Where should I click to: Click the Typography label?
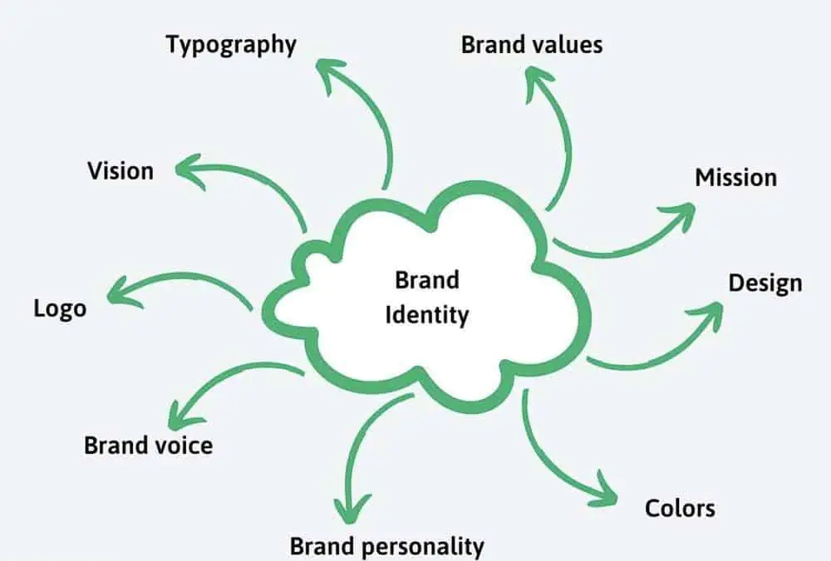pyautogui.click(x=231, y=44)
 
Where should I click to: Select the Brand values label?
pyautogui.click(x=532, y=44)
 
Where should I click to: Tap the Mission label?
pyautogui.click(x=735, y=177)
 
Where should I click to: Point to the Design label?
pyautogui.click(x=765, y=283)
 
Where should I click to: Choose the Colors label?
pyautogui.click(x=680, y=507)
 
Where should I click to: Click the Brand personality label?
pyautogui.click(x=386, y=546)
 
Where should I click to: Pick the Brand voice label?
pyautogui.click(x=148, y=445)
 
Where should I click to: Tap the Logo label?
pyautogui.click(x=60, y=308)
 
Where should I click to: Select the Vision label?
pyautogui.click(x=120, y=170)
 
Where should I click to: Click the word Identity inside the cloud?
pyautogui.click(x=427, y=315)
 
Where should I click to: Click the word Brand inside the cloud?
pyautogui.click(x=427, y=279)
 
